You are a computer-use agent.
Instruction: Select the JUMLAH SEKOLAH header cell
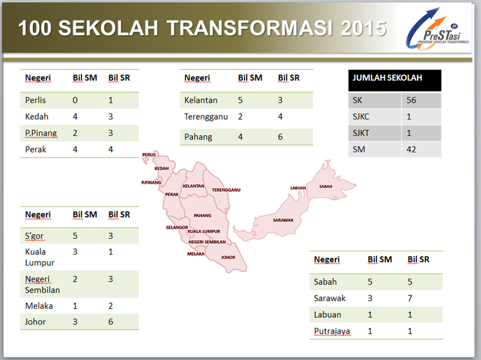click(387, 78)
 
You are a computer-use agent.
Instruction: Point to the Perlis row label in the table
click(36, 101)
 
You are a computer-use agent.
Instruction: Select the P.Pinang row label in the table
click(41, 133)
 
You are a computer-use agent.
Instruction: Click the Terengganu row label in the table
click(206, 117)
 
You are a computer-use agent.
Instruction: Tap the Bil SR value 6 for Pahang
click(280, 137)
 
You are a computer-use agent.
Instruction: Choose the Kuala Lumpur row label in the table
click(36, 257)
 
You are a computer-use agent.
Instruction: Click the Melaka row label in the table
click(39, 306)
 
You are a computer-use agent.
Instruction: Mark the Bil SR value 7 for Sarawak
click(410, 298)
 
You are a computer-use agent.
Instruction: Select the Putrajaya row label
click(332, 331)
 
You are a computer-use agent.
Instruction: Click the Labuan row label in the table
click(327, 315)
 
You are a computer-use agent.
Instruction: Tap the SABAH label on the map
click(326, 186)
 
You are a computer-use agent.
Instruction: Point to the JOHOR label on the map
click(228, 257)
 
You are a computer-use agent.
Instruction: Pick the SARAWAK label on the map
click(283, 220)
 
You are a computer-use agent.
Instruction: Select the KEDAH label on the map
click(162, 169)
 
